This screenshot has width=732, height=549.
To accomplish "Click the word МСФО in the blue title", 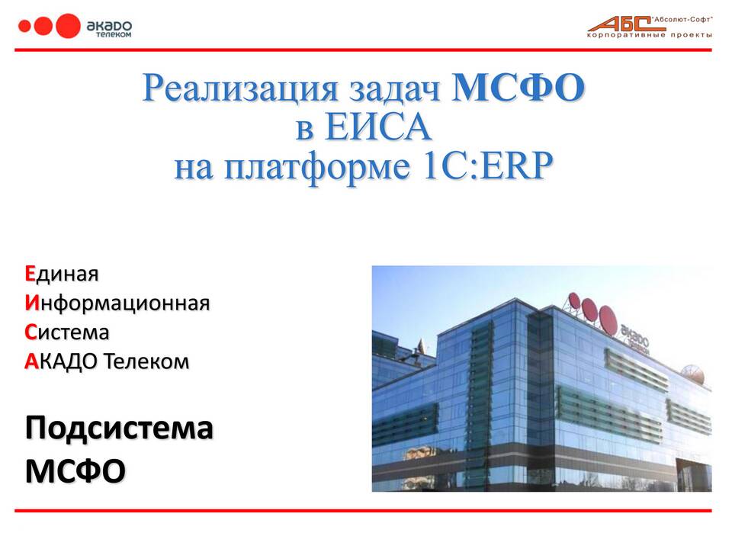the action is (518, 87).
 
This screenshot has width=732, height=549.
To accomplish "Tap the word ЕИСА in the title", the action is (377, 127).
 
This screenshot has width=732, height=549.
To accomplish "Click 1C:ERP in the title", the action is (487, 166).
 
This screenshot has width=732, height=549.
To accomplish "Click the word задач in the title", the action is (394, 88).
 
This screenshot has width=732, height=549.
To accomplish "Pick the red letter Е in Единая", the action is (30, 274).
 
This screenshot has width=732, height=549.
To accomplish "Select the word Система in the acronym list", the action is (67, 332).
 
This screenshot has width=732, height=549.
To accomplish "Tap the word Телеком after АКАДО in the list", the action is (146, 361).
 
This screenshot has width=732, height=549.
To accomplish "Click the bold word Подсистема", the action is (119, 429).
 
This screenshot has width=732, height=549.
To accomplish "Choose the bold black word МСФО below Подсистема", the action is (75, 470).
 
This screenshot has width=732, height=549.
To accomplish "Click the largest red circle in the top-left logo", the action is (68, 26).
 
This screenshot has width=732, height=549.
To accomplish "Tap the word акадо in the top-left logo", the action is (109, 26).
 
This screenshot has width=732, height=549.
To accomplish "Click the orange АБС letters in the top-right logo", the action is (620, 24).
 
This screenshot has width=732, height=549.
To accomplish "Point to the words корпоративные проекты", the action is (650, 35).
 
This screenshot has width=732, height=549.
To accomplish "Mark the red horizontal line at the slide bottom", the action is (363, 511).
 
